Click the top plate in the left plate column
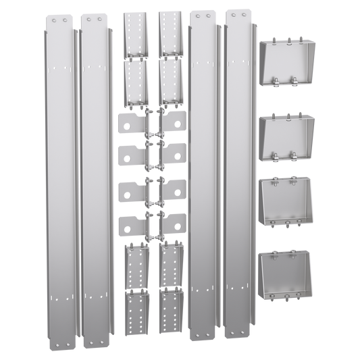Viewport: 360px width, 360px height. click(130, 124)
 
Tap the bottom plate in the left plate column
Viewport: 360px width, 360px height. click(130, 225)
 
